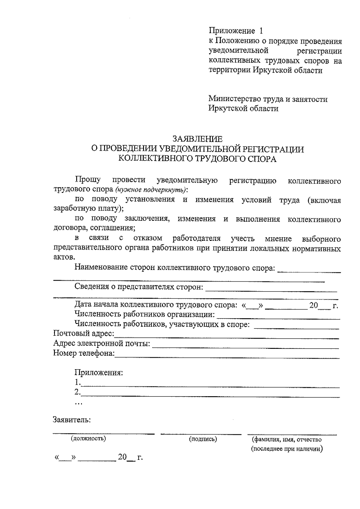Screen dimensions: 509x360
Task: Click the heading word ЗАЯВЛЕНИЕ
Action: point(197,139)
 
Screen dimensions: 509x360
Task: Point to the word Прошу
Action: point(88,180)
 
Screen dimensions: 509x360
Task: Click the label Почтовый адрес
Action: point(84,333)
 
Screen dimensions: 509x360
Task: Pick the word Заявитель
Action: point(72,419)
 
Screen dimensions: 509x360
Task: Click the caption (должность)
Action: point(88,439)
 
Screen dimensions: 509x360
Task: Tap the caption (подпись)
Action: point(203,439)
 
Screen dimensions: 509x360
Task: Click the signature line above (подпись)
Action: point(201,434)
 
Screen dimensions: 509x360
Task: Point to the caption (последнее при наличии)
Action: point(287,449)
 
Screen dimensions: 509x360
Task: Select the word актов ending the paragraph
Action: point(64,257)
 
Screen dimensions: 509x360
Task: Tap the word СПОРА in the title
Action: point(261,159)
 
